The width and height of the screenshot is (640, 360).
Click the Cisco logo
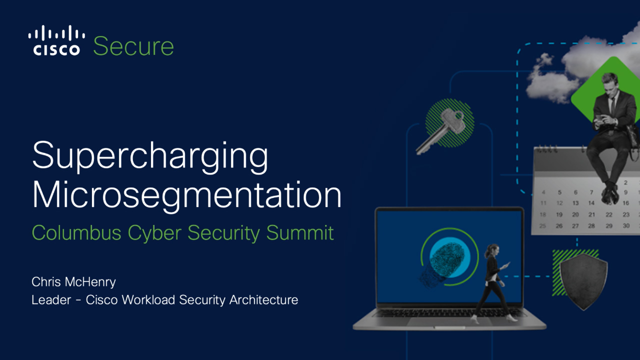pos(56,40)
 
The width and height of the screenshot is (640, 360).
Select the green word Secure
pos(133,46)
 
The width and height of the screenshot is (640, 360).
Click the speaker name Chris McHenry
pos(73,282)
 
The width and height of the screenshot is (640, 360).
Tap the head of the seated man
pos(609,81)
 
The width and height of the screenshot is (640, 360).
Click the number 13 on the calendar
pos(575,203)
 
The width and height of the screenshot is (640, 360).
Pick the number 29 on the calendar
pos(608,226)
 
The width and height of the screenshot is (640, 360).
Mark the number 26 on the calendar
pos(559,226)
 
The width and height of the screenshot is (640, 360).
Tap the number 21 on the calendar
pos(591,214)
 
